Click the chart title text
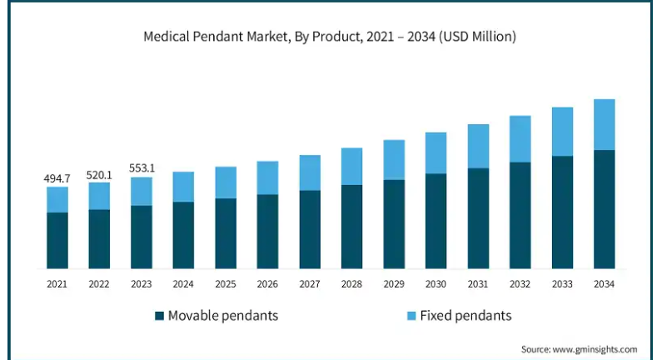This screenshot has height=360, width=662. (x=330, y=37)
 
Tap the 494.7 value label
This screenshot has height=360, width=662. (x=57, y=178)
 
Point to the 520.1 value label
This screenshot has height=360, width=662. (x=99, y=175)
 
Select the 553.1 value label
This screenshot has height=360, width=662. (x=142, y=168)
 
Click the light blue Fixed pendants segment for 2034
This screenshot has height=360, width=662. (x=605, y=125)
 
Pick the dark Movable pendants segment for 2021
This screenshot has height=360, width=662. (x=57, y=241)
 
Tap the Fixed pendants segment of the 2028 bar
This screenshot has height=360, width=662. (x=351, y=167)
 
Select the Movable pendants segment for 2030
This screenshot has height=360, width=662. (x=436, y=221)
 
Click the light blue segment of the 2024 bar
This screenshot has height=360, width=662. (x=183, y=187)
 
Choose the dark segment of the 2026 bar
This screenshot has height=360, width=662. (x=267, y=232)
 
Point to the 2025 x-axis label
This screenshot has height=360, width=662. (x=226, y=284)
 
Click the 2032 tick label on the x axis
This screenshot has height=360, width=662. (x=520, y=284)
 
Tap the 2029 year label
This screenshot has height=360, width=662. (x=394, y=284)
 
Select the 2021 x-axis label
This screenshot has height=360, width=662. (x=57, y=284)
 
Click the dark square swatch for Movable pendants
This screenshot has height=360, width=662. (x=159, y=316)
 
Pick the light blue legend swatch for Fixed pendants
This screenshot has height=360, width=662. (x=411, y=316)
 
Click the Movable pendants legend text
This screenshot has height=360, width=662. (x=223, y=316)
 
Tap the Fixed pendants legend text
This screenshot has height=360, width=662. (x=465, y=316)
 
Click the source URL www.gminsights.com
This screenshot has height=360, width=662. (x=595, y=349)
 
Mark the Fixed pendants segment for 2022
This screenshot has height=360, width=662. (x=99, y=196)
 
